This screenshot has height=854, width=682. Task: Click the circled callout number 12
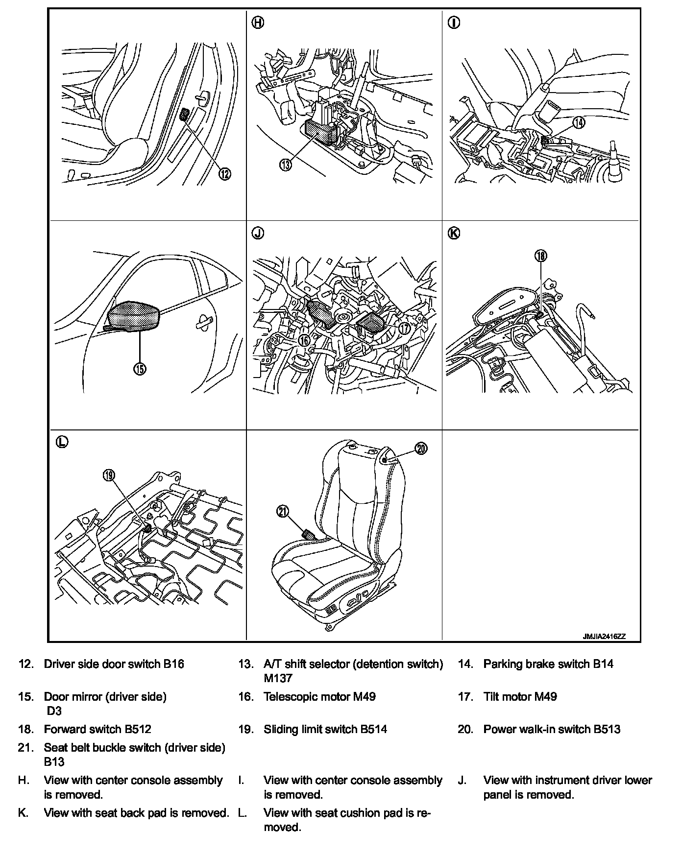pos(224,174)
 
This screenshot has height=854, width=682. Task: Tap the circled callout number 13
pos(286,165)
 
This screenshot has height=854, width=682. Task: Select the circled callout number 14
pos(579,122)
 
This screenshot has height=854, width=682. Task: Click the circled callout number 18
pos(541,256)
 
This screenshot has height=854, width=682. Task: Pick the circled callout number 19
pos(109,474)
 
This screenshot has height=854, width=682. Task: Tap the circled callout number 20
pos(421,448)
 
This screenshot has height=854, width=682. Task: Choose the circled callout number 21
pos(283,512)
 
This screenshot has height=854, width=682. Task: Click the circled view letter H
pos(258,23)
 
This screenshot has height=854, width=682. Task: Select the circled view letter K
pos(454,234)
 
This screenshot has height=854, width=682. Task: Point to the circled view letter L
pos(61,442)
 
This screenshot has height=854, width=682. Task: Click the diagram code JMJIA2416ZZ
pos(604,637)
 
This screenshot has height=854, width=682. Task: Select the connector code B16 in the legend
pos(173,664)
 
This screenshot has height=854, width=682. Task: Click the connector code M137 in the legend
pos(278,678)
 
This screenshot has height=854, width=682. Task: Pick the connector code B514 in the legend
pos(374,729)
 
